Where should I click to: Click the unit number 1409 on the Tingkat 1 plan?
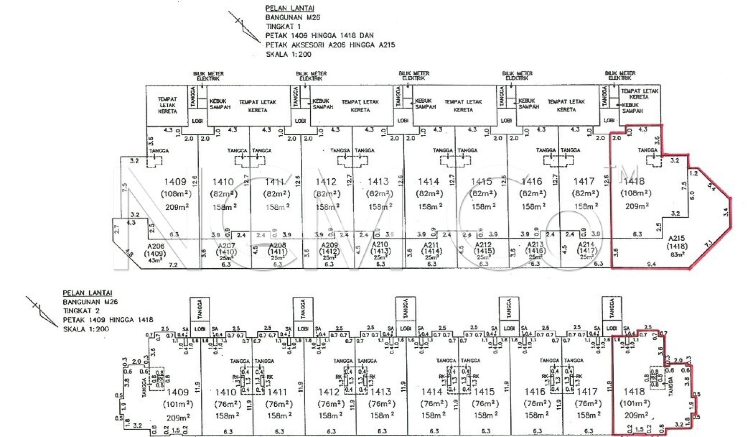[175, 182]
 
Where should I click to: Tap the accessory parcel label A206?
[156, 246]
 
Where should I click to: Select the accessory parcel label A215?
[677, 238]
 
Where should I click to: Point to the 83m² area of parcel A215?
[677, 254]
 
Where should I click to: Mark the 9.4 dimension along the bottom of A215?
[651, 264]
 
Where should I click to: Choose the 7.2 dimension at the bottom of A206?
[173, 265]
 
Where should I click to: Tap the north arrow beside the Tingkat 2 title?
[42, 311]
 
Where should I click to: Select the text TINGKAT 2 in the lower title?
[81, 311]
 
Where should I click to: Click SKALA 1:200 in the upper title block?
[289, 54]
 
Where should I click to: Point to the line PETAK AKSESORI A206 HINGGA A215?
[330, 45]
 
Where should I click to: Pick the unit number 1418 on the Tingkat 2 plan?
[634, 391]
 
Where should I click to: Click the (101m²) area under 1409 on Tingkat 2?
[178, 404]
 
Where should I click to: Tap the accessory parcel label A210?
[380, 244]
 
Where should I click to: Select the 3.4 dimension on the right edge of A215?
[725, 212]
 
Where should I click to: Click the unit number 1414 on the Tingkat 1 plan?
[429, 182]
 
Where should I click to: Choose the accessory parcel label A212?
[483, 244]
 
